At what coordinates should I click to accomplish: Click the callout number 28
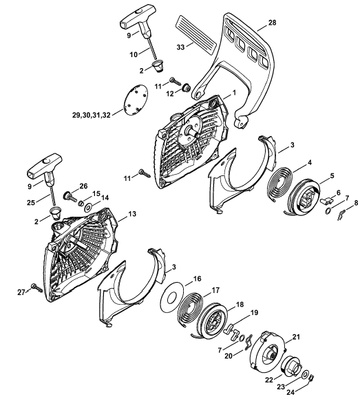click(x=273, y=23)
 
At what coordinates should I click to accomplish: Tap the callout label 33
click(x=180, y=47)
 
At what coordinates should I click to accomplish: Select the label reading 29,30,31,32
click(x=92, y=116)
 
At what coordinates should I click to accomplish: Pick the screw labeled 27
click(x=36, y=288)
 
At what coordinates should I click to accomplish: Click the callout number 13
click(x=132, y=214)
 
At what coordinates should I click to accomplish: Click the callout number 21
click(x=296, y=337)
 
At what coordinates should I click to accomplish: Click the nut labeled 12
click(x=186, y=88)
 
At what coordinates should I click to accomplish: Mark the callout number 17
click(x=215, y=290)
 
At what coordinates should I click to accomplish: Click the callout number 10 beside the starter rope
click(x=134, y=54)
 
